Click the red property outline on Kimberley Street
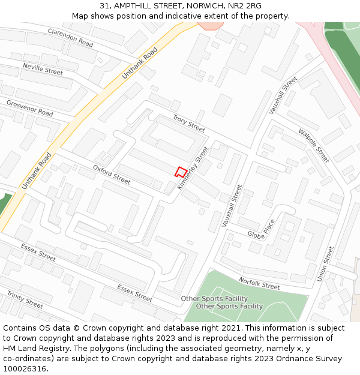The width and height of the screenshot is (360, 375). click(x=179, y=172)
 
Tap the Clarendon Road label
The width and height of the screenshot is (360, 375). click(x=70, y=38)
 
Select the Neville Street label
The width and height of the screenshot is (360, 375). click(x=43, y=68)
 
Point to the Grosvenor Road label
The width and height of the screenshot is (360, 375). click(x=29, y=108)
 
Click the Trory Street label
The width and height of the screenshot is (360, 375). click(x=188, y=124)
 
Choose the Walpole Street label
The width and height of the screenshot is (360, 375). click(x=314, y=145)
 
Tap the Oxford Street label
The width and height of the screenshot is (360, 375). click(x=111, y=175)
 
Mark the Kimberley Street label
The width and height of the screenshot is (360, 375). click(x=193, y=168)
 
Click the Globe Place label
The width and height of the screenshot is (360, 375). click(x=260, y=229)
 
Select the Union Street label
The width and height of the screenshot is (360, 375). click(x=325, y=263)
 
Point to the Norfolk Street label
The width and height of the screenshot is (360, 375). click(x=259, y=283)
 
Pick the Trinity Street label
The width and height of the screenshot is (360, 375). click(x=25, y=299)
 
